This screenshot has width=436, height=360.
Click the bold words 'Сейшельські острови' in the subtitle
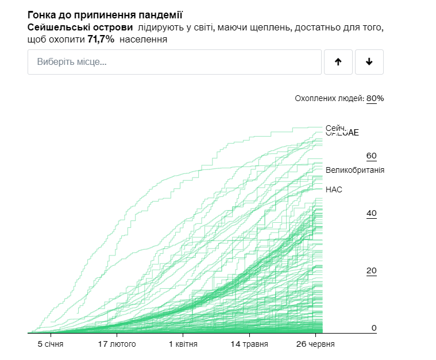(x=80, y=28)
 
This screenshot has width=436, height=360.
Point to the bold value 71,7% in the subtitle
(x=101, y=39)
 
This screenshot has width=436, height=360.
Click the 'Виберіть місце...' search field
(x=174, y=62)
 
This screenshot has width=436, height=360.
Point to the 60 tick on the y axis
(x=371, y=156)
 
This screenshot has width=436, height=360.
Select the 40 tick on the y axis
(x=371, y=214)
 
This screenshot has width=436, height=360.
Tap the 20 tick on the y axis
(x=371, y=271)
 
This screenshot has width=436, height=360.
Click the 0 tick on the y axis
(x=373, y=328)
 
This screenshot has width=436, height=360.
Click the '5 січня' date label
(x=51, y=344)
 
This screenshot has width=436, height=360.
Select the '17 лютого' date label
(x=117, y=344)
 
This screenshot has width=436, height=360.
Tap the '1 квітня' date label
(x=183, y=344)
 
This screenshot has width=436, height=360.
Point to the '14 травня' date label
(x=249, y=344)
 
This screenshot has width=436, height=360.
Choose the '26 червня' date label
(x=315, y=344)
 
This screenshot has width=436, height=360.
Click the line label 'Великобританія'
(x=354, y=170)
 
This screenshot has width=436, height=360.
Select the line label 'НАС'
(x=334, y=189)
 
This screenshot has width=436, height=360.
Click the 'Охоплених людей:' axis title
(x=329, y=98)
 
